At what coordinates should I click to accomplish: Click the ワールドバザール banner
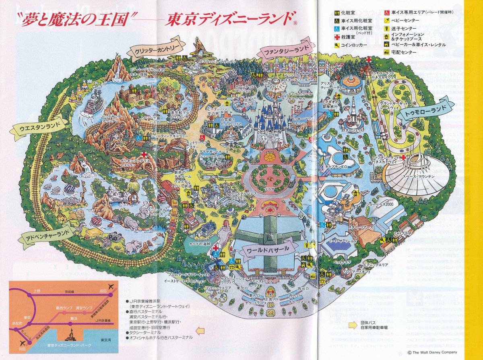(268, 249)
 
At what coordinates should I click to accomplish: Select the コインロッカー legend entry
(354, 45)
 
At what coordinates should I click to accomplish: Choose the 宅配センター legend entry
(402, 52)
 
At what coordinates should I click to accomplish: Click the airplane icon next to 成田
(111, 288)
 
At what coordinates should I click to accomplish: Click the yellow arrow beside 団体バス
(353, 323)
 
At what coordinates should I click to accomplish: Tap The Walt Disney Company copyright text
(432, 352)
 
